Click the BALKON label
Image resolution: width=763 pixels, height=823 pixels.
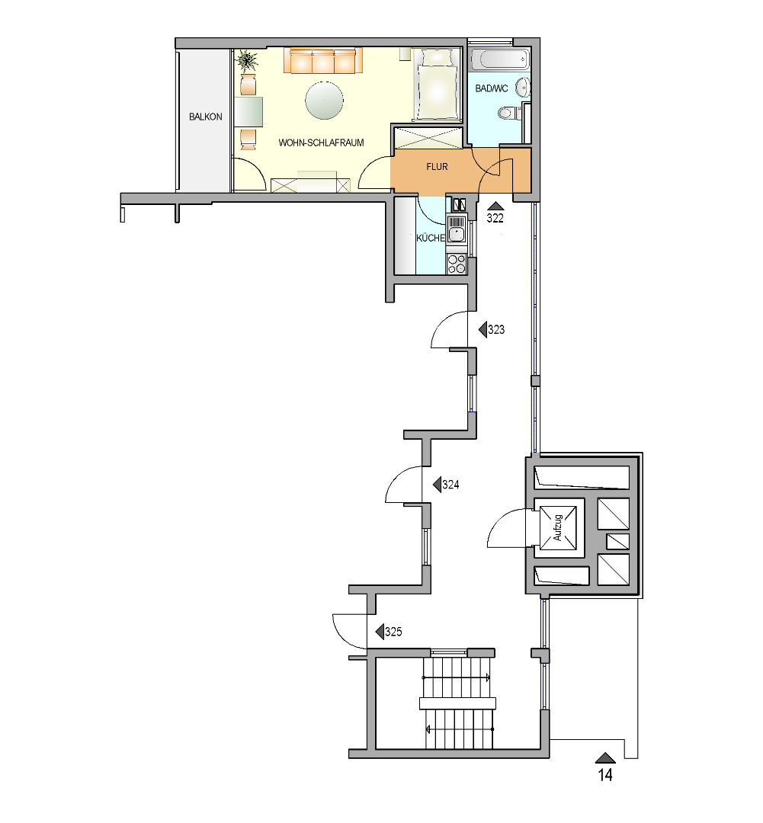click(x=205, y=117)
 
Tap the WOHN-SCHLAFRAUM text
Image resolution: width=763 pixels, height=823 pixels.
click(x=321, y=143)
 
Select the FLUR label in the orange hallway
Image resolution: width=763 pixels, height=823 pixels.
click(x=437, y=167)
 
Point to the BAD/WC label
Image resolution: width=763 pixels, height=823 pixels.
click(x=492, y=88)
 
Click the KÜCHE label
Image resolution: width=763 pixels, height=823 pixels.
click(x=431, y=238)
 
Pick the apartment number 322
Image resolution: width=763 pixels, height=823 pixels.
click(x=495, y=219)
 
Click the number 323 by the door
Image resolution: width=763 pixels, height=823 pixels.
click(x=496, y=330)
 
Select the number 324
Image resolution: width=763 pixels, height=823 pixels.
click(x=450, y=485)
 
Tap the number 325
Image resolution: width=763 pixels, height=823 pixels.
click(x=393, y=632)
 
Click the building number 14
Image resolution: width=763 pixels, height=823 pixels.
click(x=605, y=775)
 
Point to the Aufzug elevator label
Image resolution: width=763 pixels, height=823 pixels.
click(x=558, y=527)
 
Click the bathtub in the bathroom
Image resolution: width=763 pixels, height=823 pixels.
click(x=499, y=59)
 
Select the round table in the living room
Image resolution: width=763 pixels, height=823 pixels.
click(x=325, y=101)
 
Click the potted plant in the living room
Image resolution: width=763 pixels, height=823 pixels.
click(x=247, y=61)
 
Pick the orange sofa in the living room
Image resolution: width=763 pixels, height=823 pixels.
click(x=323, y=60)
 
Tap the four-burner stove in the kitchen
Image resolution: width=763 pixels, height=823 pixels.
click(x=456, y=264)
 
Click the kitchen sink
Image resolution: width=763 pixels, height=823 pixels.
click(x=457, y=230)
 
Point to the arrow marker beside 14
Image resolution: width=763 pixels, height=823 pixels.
click(x=605, y=757)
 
